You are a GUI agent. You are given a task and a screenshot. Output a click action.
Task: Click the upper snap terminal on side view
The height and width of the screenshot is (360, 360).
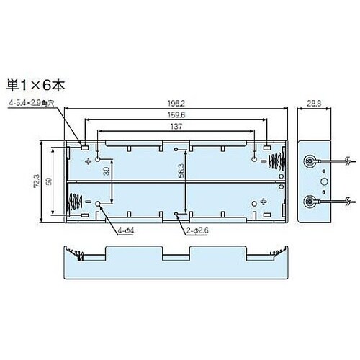(310, 162)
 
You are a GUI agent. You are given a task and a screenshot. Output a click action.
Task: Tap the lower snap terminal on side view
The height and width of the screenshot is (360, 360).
(310, 201)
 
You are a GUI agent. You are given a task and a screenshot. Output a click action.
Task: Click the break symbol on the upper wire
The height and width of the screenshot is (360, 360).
(348, 162)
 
